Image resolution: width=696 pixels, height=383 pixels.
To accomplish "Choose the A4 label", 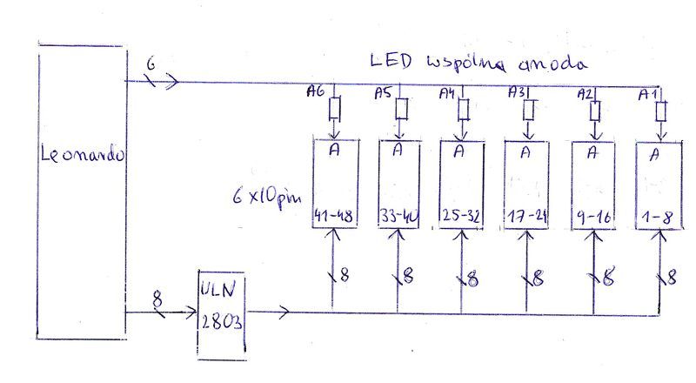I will coord(447,93).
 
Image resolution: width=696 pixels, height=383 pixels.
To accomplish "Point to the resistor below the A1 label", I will coord(661,112).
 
